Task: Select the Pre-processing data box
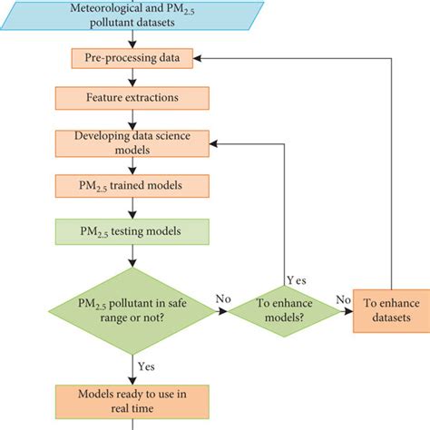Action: (132, 59)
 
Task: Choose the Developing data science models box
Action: (132, 142)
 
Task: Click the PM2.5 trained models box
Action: (132, 187)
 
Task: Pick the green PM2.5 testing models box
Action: (132, 231)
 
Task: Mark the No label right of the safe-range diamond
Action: (222, 298)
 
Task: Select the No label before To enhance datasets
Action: (344, 298)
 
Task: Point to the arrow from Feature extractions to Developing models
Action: (132, 120)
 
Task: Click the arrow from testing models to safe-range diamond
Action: (132, 256)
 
